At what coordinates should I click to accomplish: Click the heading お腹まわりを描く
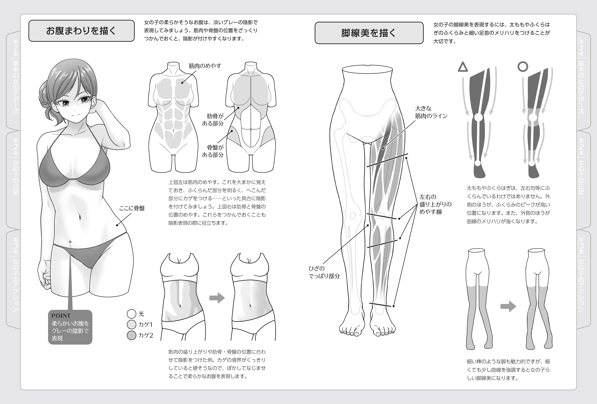tap(81, 31)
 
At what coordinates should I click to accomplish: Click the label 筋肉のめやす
tap(205, 66)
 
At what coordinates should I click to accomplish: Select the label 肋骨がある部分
tap(213, 120)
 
